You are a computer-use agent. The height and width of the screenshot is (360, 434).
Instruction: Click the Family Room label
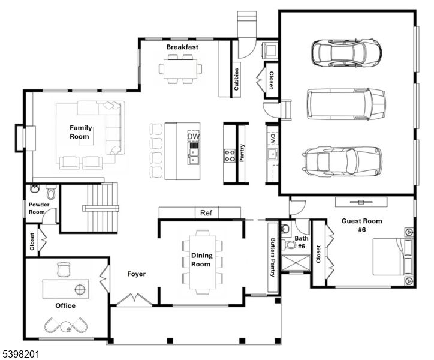[x=80, y=132]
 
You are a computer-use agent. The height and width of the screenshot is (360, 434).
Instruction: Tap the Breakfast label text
[x=182, y=47]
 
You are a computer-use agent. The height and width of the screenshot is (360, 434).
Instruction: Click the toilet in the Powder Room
[x=51, y=193]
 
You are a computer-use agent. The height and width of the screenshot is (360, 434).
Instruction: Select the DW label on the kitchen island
[x=193, y=137]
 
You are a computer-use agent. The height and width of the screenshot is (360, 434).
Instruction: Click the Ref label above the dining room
[x=206, y=213]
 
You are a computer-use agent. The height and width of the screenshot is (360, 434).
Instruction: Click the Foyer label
[x=137, y=274]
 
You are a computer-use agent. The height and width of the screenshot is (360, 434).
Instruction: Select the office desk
[x=65, y=289]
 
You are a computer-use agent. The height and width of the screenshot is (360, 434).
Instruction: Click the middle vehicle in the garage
[x=346, y=103]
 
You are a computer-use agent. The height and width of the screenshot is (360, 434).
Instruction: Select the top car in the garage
[x=346, y=52]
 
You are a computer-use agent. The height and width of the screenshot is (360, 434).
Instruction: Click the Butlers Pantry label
[x=272, y=257]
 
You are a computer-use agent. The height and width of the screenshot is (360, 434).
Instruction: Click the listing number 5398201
[x=21, y=354]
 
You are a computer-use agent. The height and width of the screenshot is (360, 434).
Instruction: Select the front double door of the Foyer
[x=134, y=299]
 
